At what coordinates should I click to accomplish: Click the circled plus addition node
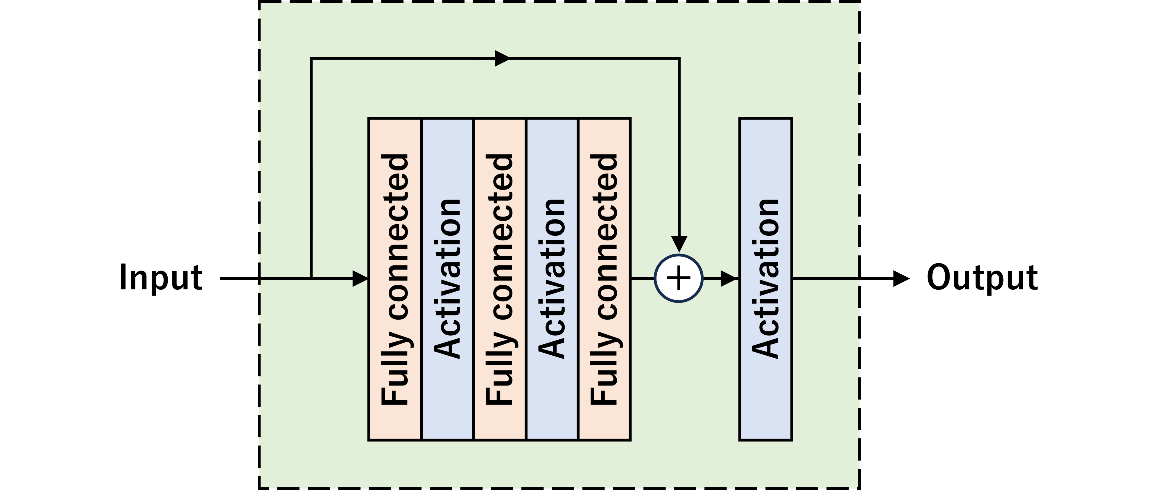tap(679, 278)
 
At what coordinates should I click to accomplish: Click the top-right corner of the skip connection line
tap(679, 58)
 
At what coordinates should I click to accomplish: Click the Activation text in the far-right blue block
tap(766, 279)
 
